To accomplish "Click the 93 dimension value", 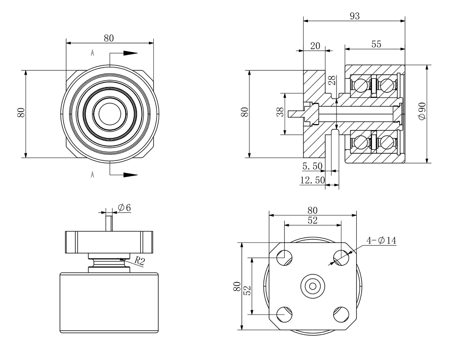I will (x=354, y=16).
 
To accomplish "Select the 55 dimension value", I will (x=376, y=44).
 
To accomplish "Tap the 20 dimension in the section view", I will (x=315, y=46).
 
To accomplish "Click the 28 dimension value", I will (x=332, y=81).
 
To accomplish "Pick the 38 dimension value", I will (x=279, y=113).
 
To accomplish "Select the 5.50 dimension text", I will (x=312, y=166).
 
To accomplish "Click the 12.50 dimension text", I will (x=312, y=180).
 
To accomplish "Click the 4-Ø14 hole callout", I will (x=381, y=241).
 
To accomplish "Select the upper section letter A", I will (x=92, y=53).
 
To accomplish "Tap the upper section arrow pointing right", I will (x=130, y=53).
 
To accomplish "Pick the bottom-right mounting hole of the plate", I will (x=341, y=313).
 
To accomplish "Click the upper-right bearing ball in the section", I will (x=387, y=84).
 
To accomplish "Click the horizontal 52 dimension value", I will (x=312, y=220).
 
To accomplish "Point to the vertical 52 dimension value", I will (x=247, y=291).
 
